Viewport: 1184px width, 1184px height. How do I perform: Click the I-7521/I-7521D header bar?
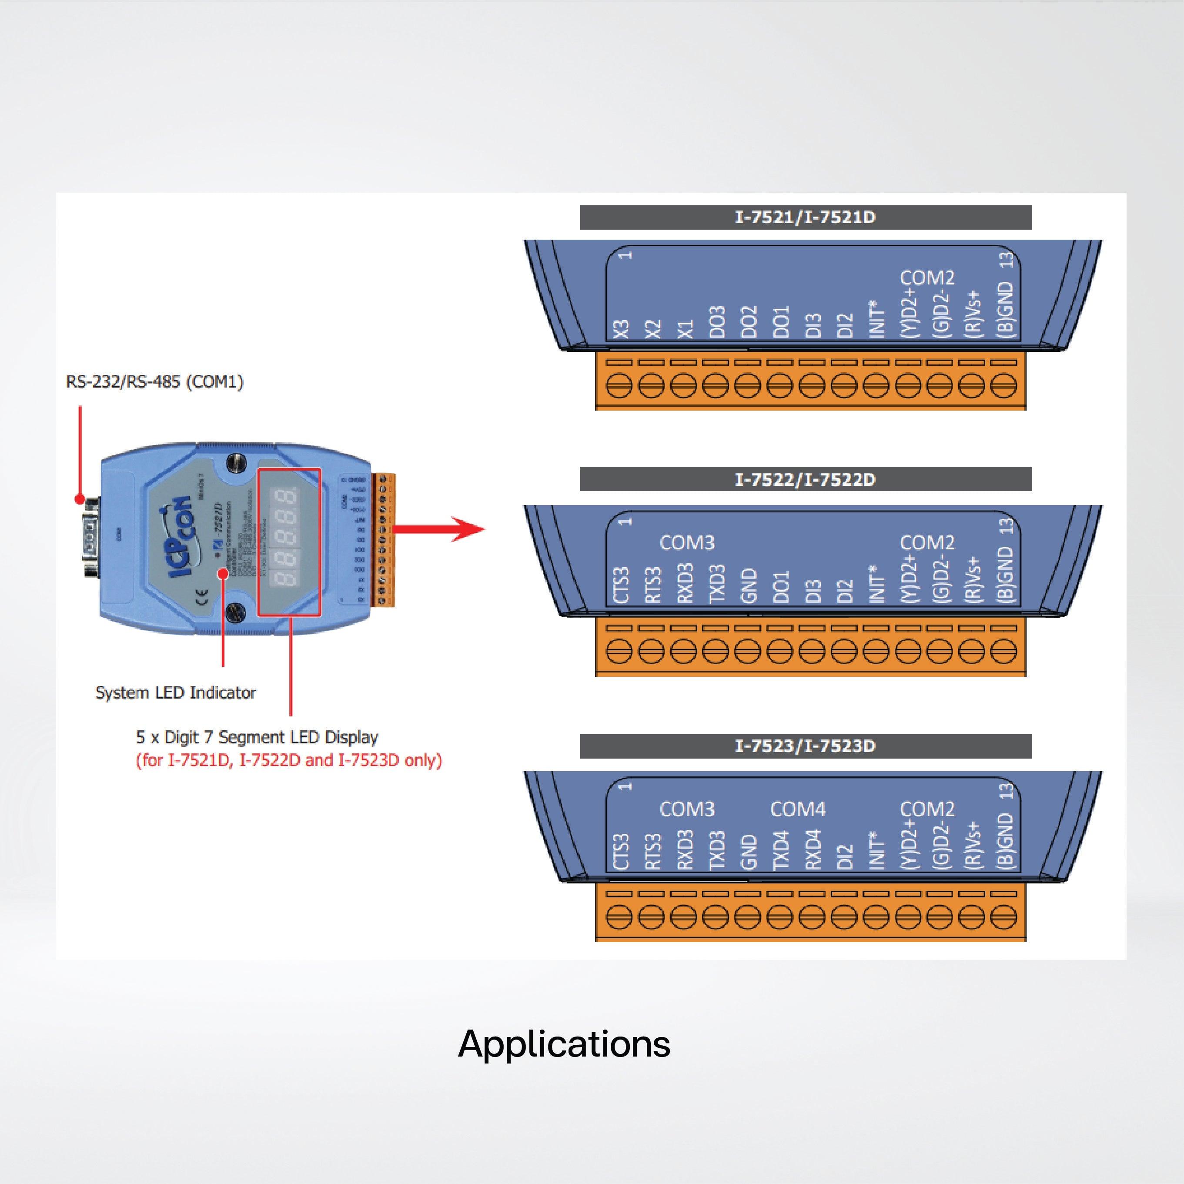(x=805, y=217)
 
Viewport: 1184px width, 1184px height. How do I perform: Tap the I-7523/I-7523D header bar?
(x=805, y=746)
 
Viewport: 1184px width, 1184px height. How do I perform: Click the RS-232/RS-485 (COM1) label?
(x=154, y=382)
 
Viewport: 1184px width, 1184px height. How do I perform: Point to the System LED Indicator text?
(x=175, y=692)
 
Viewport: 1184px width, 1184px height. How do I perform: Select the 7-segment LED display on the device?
(x=289, y=541)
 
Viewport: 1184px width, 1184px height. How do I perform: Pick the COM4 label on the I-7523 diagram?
(x=797, y=809)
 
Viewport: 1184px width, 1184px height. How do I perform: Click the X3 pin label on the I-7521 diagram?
(x=622, y=329)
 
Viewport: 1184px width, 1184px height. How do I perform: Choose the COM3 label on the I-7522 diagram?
(x=686, y=542)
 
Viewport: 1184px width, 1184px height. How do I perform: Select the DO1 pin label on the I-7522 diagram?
(x=781, y=587)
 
